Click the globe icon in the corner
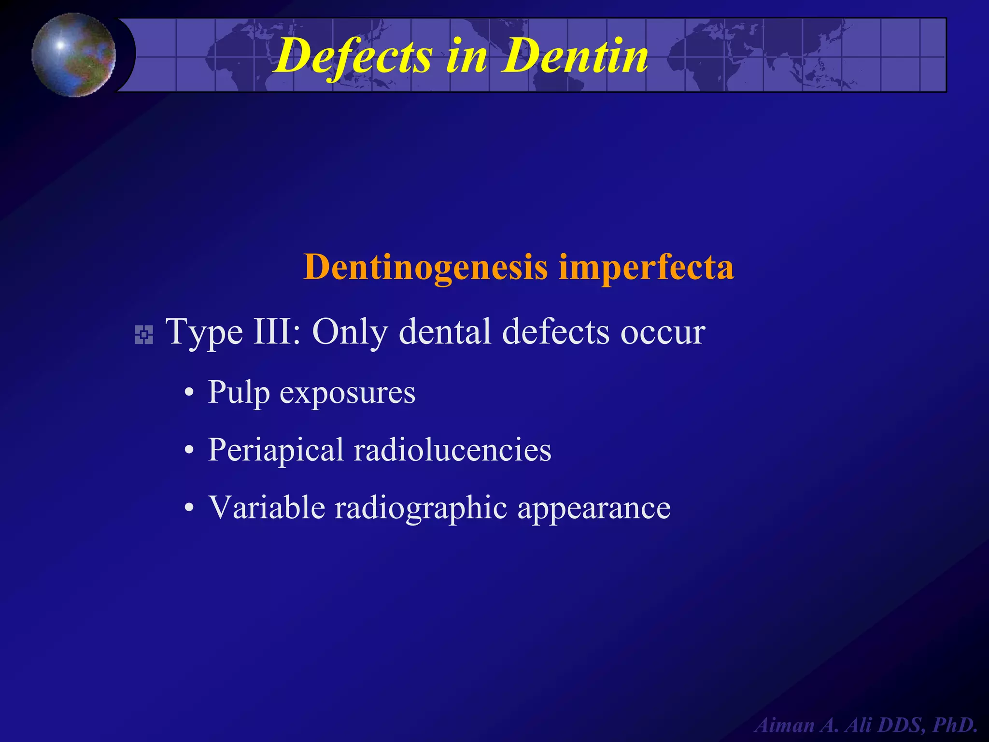pos(74,55)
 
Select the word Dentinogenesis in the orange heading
pos(425,267)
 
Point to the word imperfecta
pos(646,267)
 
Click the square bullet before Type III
pos(144,335)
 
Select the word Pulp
pos(239,393)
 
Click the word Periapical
pos(275,451)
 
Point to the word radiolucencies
pos(452,450)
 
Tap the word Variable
pos(267,508)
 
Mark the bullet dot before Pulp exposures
pos(190,393)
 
